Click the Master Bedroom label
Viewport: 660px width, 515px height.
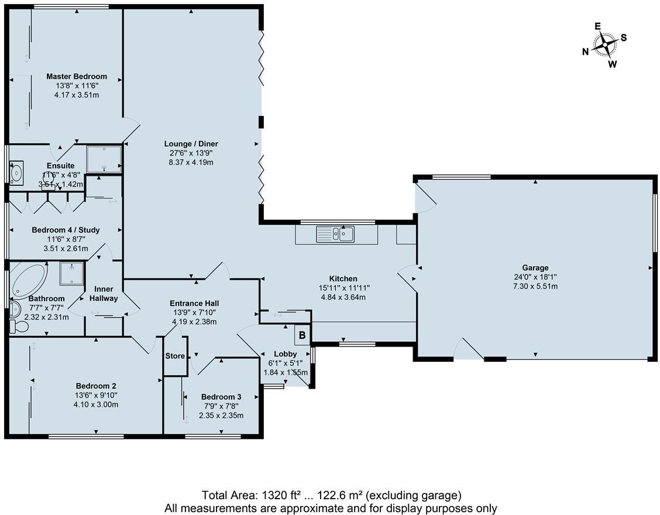pyautogui.click(x=77, y=76)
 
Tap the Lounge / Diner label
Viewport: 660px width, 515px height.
pyautogui.click(x=191, y=144)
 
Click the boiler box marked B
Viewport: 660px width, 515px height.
pyautogui.click(x=302, y=335)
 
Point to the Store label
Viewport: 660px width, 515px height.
pyautogui.click(x=175, y=356)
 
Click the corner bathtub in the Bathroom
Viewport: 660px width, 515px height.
pyautogui.click(x=27, y=280)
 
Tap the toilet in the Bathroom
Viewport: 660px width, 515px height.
pyautogui.click(x=16, y=326)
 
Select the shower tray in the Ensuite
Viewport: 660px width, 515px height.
pyautogui.click(x=104, y=160)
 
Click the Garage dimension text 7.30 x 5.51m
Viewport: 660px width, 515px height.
pyautogui.click(x=535, y=286)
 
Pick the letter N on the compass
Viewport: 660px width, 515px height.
pyautogui.click(x=585, y=51)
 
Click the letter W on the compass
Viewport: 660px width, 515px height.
pyautogui.click(x=612, y=64)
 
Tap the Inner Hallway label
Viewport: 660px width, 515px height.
pyautogui.click(x=104, y=294)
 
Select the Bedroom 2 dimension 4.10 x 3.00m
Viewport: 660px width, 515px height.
pyautogui.click(x=96, y=404)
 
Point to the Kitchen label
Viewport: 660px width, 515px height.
pyautogui.click(x=343, y=279)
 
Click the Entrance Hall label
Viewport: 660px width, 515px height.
pyautogui.click(x=194, y=303)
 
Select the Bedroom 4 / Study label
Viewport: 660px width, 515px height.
pyautogui.click(x=66, y=230)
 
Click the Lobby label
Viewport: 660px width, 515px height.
pyautogui.click(x=286, y=354)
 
